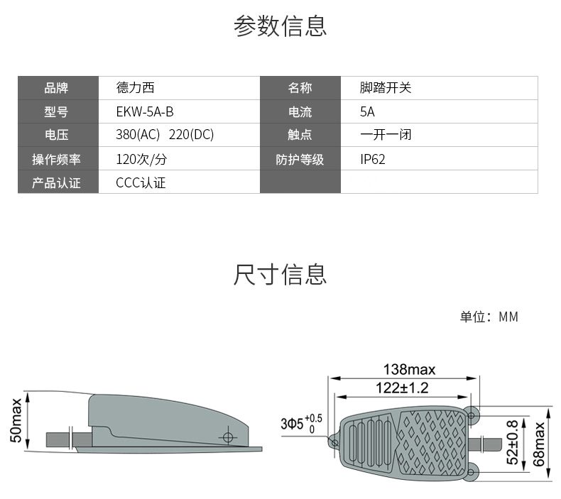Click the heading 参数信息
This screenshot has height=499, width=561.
click(280, 26)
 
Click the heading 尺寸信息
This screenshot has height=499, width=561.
click(280, 275)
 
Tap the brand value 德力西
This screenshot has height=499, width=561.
click(135, 87)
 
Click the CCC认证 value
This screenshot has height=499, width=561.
click(141, 183)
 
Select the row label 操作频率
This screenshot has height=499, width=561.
click(57, 159)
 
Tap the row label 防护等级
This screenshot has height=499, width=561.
click(300, 159)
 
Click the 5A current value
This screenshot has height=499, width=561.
click(367, 112)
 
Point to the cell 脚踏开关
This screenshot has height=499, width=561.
click(386, 87)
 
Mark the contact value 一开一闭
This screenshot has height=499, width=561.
click(386, 134)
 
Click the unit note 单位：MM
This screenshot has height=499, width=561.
click(489, 317)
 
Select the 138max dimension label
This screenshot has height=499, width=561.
click(409, 370)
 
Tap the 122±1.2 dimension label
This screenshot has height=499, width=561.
click(402, 388)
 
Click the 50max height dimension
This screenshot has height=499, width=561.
click(16, 421)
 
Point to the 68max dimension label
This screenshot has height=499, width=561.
click(538, 444)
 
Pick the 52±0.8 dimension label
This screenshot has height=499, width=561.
click(513, 442)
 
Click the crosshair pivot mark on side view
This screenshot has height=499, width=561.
click(228, 437)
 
